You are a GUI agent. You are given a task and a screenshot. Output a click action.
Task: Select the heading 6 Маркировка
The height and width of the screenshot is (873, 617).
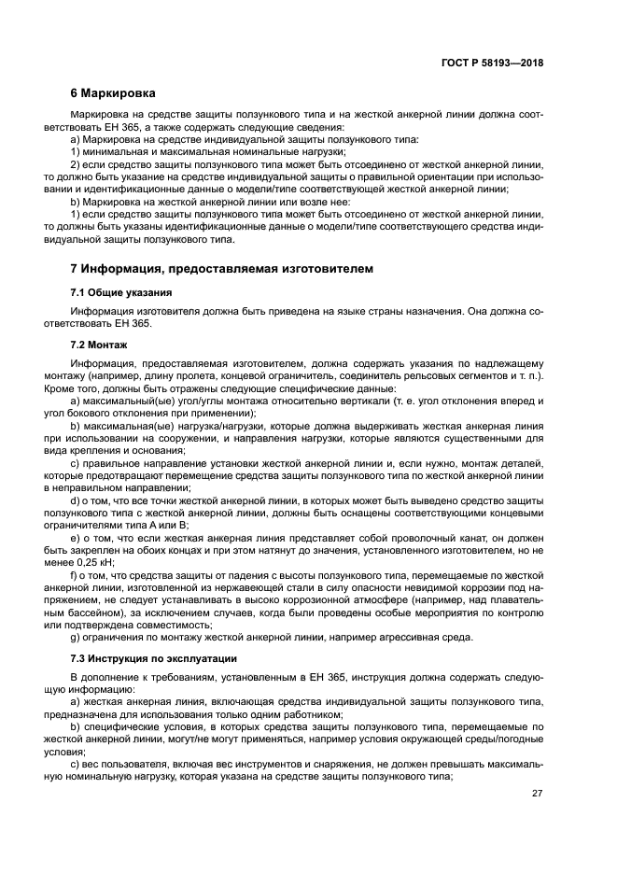[x=113, y=93]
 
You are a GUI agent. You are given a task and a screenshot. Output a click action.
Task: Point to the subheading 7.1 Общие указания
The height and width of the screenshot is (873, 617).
[x=119, y=292]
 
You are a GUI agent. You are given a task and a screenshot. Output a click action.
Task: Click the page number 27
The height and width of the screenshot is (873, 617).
[x=538, y=794]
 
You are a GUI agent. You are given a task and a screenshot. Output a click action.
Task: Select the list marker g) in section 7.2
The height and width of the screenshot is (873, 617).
[x=76, y=638]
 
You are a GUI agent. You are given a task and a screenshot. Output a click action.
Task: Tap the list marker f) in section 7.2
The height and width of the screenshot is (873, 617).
[x=75, y=577]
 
